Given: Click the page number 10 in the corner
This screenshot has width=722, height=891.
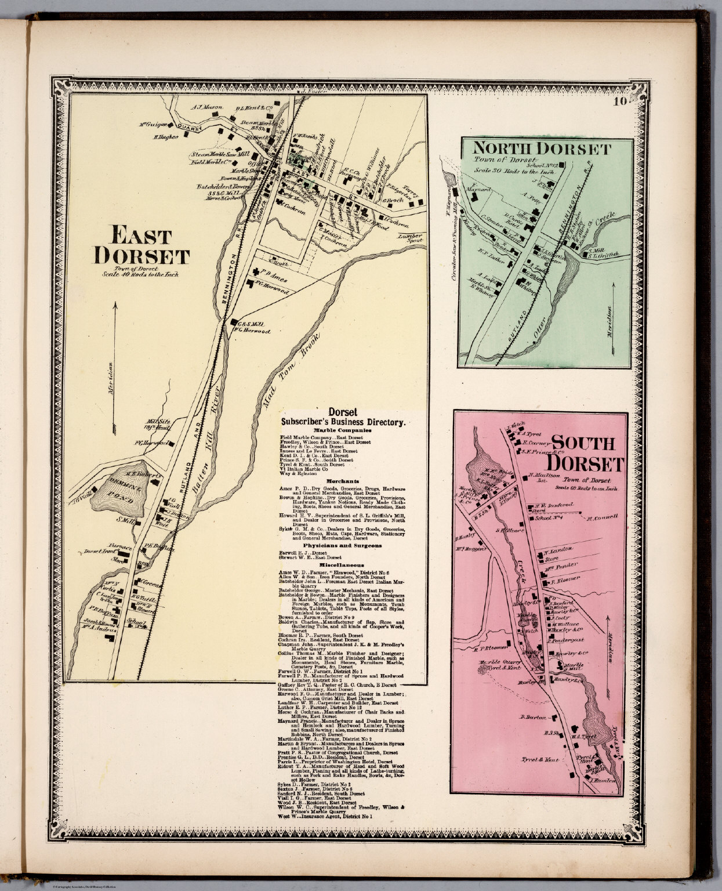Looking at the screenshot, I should coord(619,103).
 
